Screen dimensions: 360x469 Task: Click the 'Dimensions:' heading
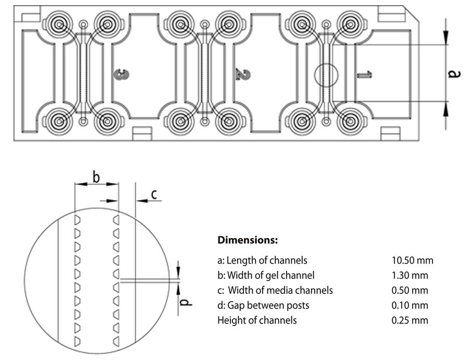tap(248, 241)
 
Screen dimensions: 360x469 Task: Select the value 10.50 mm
tap(412, 260)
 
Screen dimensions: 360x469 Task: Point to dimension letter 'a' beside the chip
tap(454, 75)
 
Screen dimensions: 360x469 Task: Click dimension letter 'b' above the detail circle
tap(96, 177)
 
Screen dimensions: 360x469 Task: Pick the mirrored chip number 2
tap(241, 75)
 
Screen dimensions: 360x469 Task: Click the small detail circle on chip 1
tap(327, 75)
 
